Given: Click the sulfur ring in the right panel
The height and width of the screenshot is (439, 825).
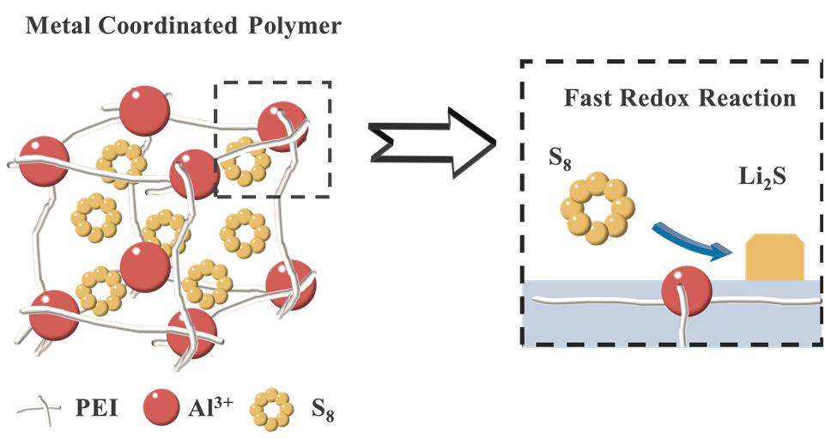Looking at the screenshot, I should [x=598, y=206].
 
